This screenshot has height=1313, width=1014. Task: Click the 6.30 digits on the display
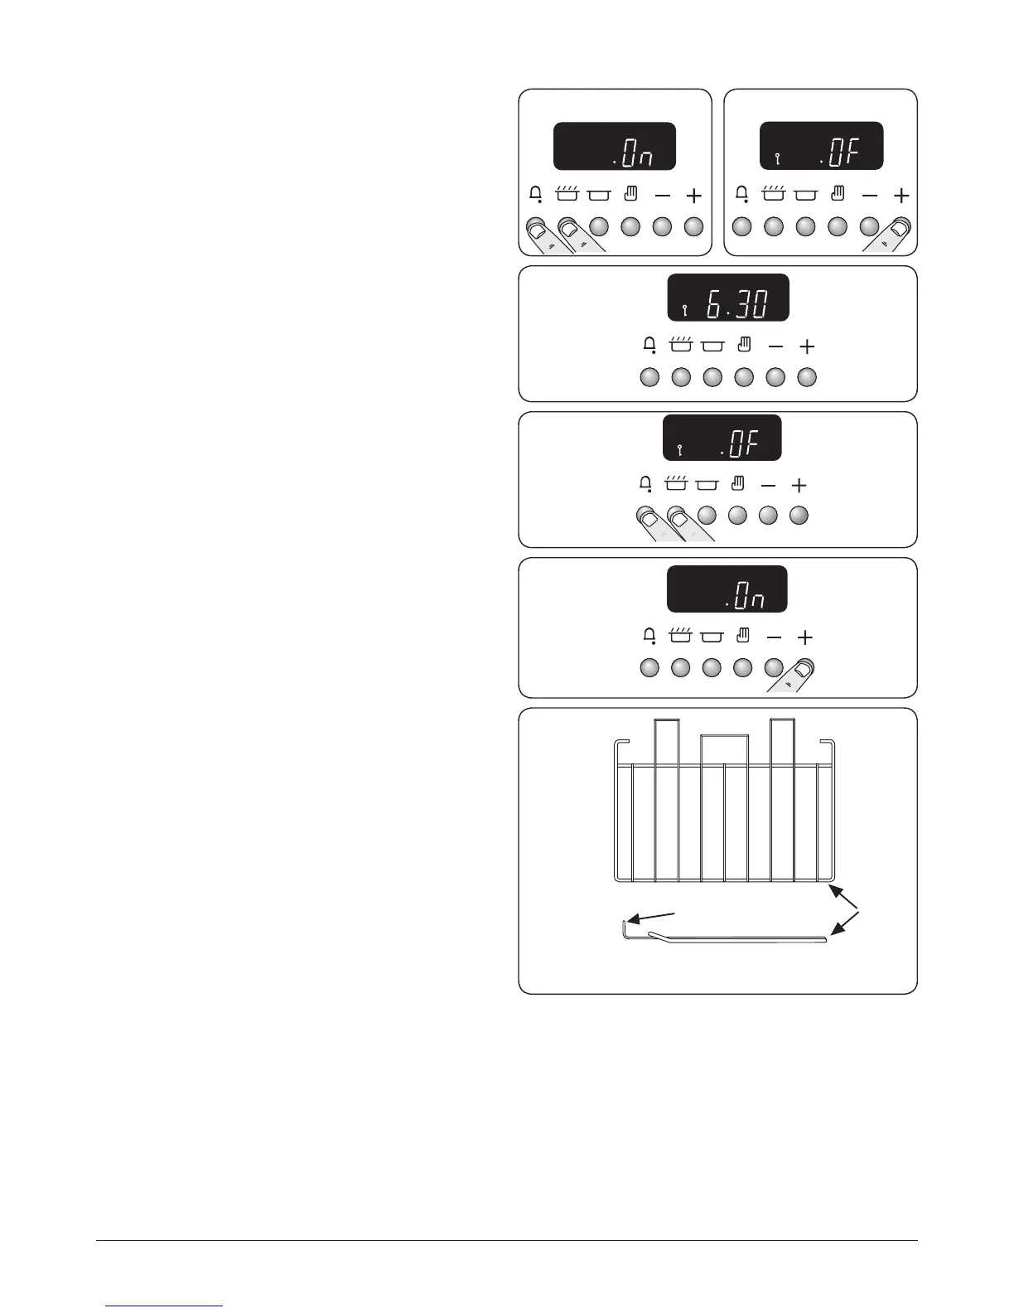coord(736,306)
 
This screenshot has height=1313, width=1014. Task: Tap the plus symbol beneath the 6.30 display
coord(807,346)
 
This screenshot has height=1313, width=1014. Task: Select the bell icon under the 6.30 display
coord(650,346)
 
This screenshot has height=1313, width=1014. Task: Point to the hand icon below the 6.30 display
coord(744,345)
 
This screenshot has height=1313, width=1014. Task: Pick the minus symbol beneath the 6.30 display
coord(775,346)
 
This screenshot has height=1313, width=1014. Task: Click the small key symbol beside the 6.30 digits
coord(684,311)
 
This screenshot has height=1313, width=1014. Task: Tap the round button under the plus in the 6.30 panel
coord(807,377)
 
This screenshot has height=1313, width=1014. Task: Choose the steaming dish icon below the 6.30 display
coord(680,345)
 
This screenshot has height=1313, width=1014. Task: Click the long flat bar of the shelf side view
coord(746,938)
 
